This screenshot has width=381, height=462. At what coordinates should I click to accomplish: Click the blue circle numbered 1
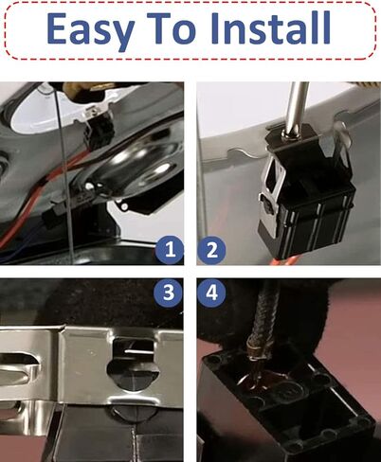pos(170,250)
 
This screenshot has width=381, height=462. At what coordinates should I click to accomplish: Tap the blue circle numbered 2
pos(211,251)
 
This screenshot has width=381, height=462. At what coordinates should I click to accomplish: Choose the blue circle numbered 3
pos(169,293)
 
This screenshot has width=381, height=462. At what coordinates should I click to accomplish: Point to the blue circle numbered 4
pos(211,293)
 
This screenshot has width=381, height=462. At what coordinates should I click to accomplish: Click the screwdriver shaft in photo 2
pos(297,107)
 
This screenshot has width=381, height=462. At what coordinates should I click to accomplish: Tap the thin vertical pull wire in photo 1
pos(65,173)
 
